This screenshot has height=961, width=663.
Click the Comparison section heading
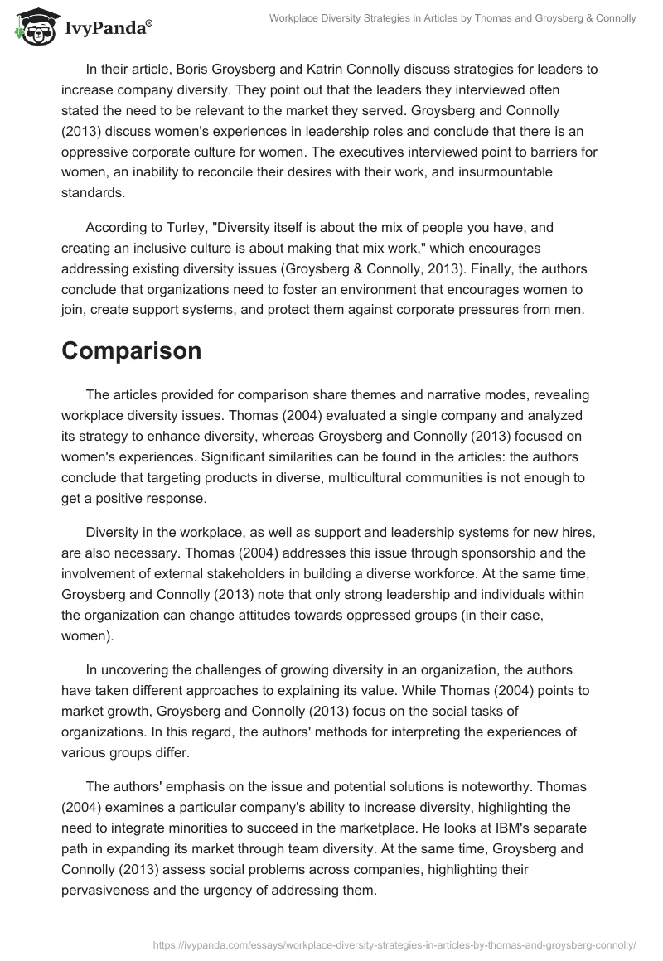(x=131, y=350)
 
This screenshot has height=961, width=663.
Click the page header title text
(x=452, y=18)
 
